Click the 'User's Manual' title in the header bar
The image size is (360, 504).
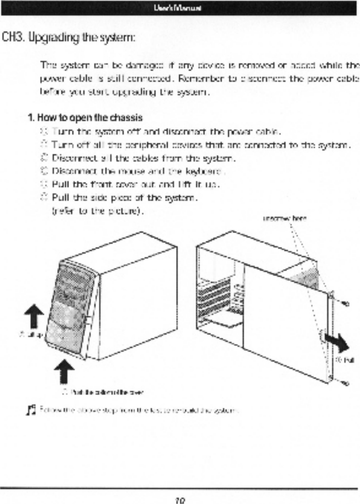pyautogui.click(x=180, y=8)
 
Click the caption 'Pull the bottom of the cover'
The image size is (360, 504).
pyautogui.click(x=106, y=392)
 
